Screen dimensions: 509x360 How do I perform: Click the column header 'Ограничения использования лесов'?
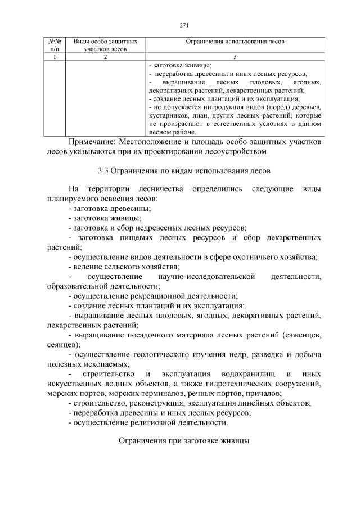[235, 42]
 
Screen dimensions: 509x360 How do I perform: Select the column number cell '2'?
[105, 57]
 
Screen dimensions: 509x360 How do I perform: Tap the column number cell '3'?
[235, 57]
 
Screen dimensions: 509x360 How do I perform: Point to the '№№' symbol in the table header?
[55, 42]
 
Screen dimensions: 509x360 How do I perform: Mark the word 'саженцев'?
[304, 335]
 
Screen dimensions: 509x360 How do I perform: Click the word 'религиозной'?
[147, 422]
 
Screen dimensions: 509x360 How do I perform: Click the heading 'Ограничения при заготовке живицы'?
[183, 442]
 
